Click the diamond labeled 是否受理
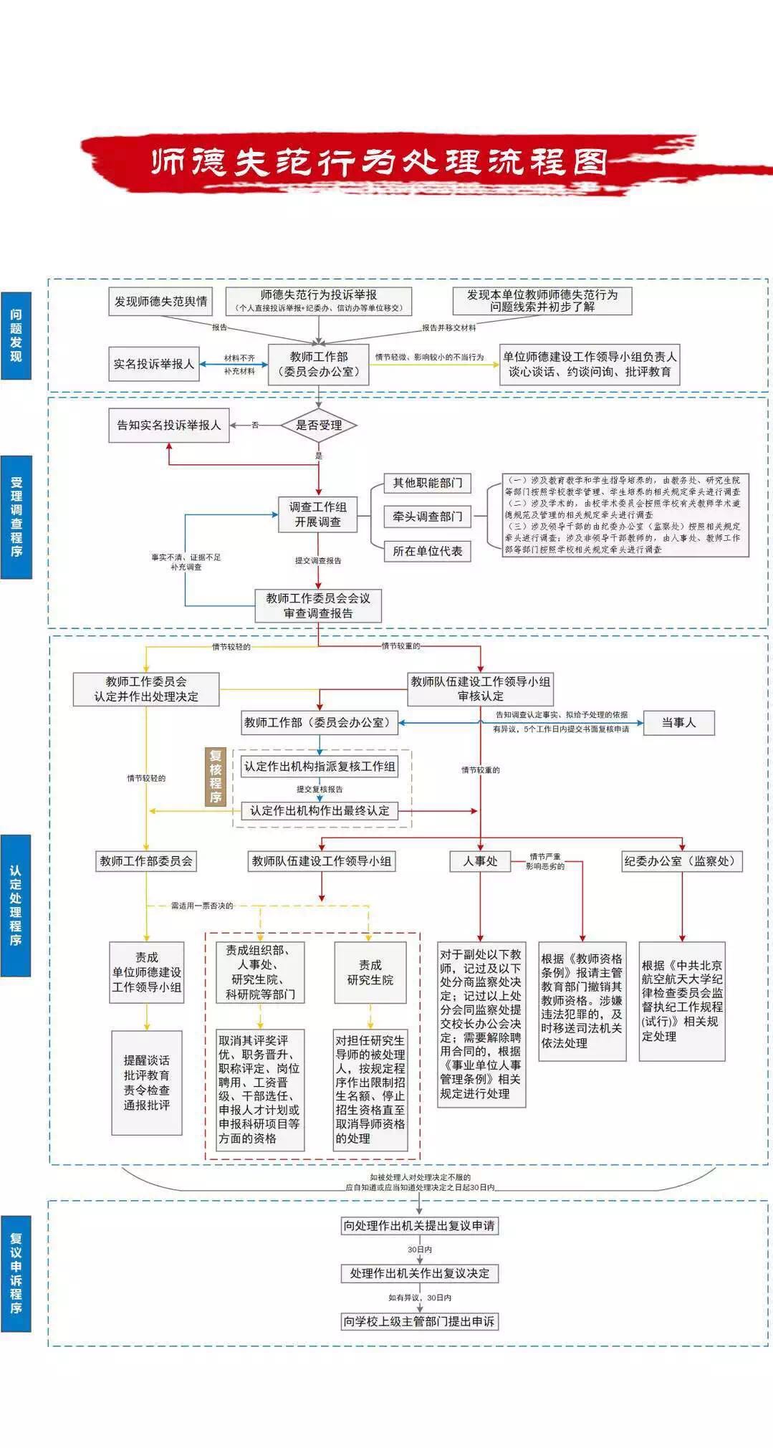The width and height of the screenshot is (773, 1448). point(319,426)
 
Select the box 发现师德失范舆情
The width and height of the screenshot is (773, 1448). point(161,302)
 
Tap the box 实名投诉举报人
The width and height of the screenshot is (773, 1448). point(154,364)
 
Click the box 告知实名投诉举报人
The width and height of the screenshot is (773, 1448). point(169,426)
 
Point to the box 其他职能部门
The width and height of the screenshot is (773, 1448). point(428,484)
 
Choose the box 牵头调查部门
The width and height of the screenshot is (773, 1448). point(428,517)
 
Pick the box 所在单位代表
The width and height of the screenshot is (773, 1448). point(428,551)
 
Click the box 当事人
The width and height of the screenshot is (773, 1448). point(678,723)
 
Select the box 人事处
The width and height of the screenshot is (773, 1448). point(480,861)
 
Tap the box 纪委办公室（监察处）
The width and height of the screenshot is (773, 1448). point(681,861)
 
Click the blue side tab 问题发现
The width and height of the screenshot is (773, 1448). point(16,335)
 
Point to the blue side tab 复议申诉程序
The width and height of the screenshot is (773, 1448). point(16,1272)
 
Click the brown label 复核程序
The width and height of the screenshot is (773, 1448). point(216,777)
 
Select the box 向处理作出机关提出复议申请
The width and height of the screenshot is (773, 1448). point(419,1226)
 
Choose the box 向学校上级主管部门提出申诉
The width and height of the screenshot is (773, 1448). point(419,1321)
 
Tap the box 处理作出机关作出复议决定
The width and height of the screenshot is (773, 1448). point(419,1273)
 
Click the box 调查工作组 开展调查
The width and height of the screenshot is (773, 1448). point(318,514)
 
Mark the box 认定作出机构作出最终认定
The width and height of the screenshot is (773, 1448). point(319,811)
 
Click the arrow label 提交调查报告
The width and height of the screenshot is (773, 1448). point(318,561)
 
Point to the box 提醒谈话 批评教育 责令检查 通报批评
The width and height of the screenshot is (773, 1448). point(147,1083)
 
